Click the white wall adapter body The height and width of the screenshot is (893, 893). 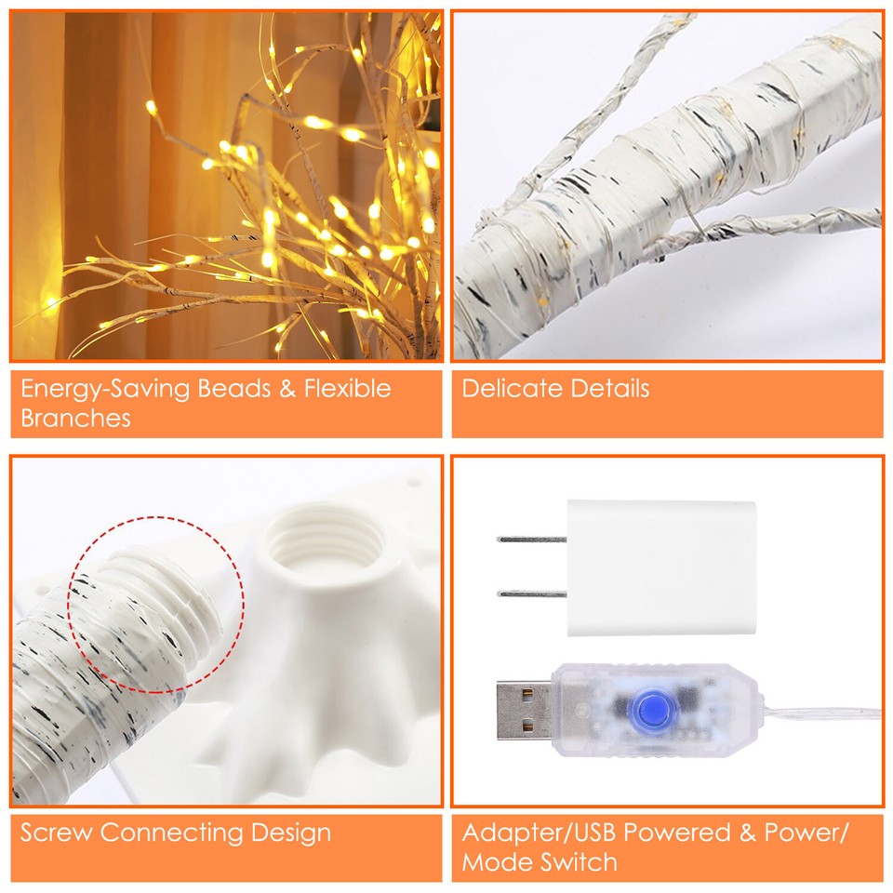point(660,567)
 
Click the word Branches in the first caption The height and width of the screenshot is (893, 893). point(75,418)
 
